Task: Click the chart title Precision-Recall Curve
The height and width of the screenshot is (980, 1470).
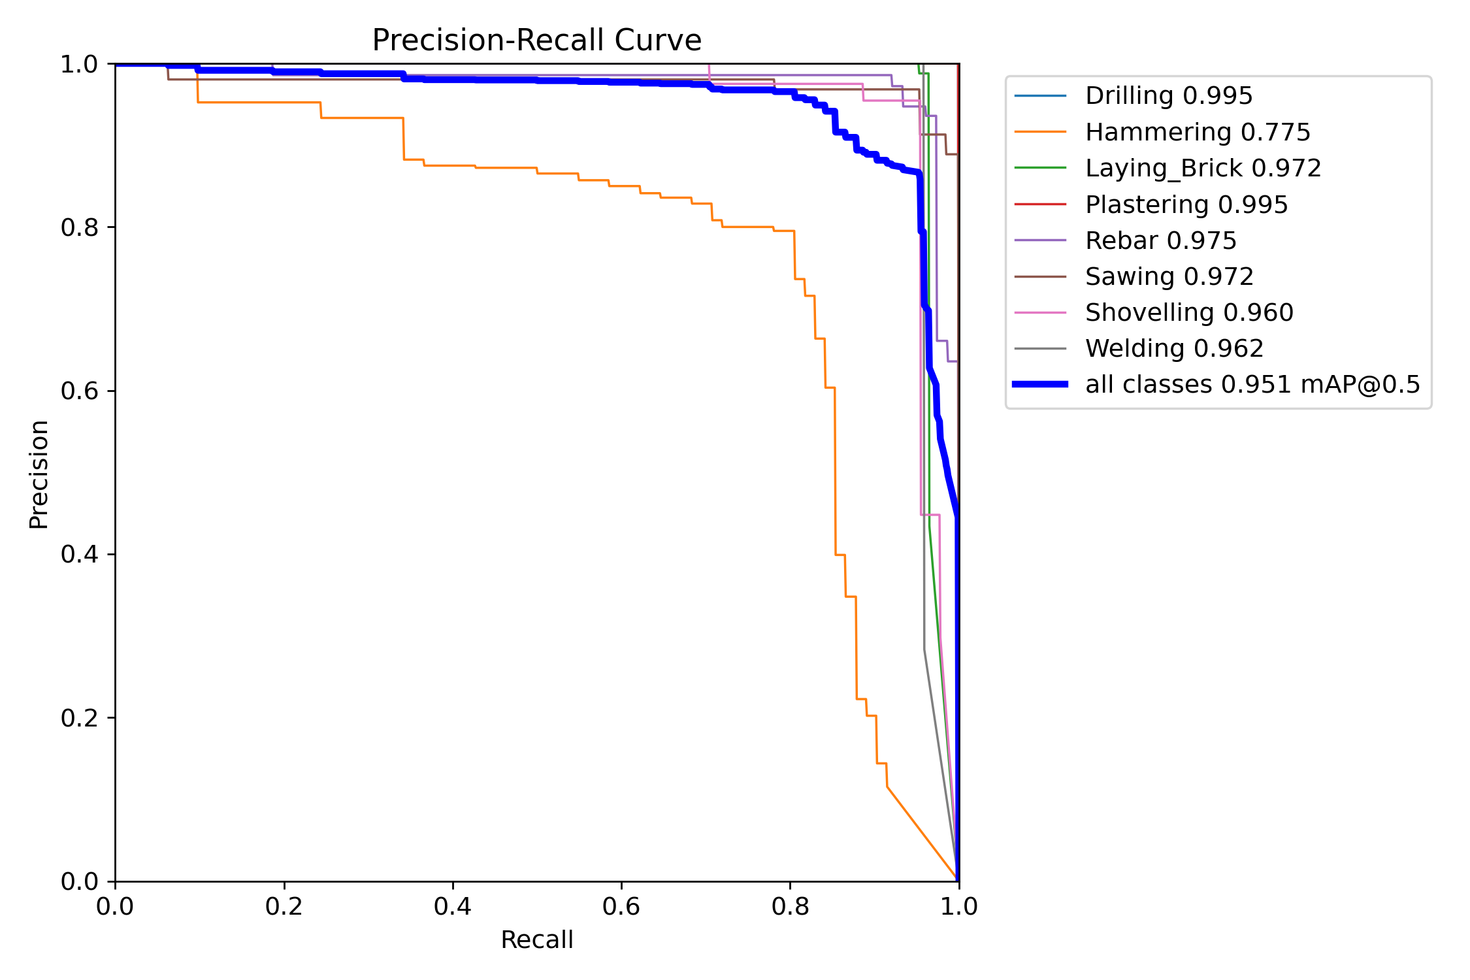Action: coord(536,41)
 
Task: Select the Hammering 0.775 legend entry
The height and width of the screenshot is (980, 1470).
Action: coord(1197,133)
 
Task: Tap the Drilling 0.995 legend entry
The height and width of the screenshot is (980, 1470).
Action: coord(1168,96)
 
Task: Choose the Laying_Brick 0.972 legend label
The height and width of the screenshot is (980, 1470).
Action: coord(1203,169)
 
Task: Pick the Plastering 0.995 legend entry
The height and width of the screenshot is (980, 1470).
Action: coord(1186,205)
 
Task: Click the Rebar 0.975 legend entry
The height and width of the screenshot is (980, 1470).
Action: coord(1160,241)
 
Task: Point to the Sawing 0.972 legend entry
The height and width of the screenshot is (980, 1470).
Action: coord(1169,277)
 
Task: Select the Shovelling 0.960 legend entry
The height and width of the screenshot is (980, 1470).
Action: coord(1188,313)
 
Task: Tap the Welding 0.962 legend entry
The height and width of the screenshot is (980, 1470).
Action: coord(1174,349)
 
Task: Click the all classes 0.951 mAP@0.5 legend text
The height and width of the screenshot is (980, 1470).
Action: coord(1252,385)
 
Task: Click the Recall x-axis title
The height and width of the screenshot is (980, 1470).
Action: coord(536,940)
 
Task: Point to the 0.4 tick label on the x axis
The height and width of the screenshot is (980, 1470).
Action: coord(452,907)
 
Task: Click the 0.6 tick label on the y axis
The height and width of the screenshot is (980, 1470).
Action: coord(79,391)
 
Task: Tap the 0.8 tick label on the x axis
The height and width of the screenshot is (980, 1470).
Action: coord(790,907)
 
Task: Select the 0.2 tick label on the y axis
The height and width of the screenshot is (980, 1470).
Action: coord(79,718)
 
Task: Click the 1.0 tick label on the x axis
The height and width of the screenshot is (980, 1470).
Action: coord(958,907)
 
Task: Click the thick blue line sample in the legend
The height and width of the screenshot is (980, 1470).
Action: coord(1040,385)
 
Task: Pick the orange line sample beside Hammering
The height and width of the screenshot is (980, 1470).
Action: coord(1040,133)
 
